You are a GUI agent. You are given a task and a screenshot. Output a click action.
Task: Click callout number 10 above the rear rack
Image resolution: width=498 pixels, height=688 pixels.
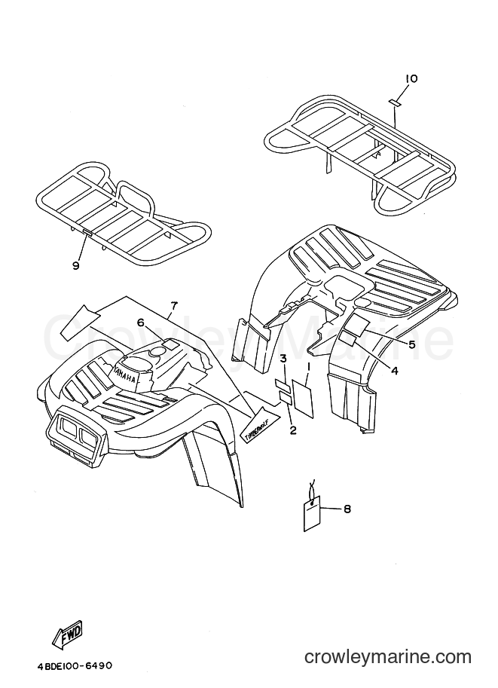coord(411,78)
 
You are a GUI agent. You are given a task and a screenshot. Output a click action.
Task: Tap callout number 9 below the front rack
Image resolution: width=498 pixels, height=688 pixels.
coord(76,265)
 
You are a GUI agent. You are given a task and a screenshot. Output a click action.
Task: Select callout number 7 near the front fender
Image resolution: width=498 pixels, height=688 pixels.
coord(174,305)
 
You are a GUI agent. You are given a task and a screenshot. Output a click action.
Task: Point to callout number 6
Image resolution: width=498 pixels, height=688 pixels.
coord(140,323)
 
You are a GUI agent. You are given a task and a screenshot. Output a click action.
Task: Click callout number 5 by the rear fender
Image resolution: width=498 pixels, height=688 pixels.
coord(411,344)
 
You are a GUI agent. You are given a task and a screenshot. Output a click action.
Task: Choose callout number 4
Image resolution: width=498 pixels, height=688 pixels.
coord(395,371)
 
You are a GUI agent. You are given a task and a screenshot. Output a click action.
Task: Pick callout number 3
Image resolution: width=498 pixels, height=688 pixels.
coord(283,359)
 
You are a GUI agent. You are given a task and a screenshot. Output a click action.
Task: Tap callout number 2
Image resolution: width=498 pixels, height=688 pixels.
coord(292,430)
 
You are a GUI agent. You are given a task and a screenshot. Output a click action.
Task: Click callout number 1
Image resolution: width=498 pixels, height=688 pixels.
coord(308,365)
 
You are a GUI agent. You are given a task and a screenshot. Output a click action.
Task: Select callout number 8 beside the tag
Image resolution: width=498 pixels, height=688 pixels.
coord(347,509)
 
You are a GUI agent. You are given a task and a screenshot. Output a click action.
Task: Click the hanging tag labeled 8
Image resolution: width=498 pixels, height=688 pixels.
coord(313,513)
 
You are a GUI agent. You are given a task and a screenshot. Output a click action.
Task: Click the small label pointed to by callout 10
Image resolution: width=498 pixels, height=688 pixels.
coord(393,102)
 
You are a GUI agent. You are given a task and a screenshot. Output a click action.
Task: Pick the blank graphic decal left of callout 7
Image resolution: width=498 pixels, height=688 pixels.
coord(79,323)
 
